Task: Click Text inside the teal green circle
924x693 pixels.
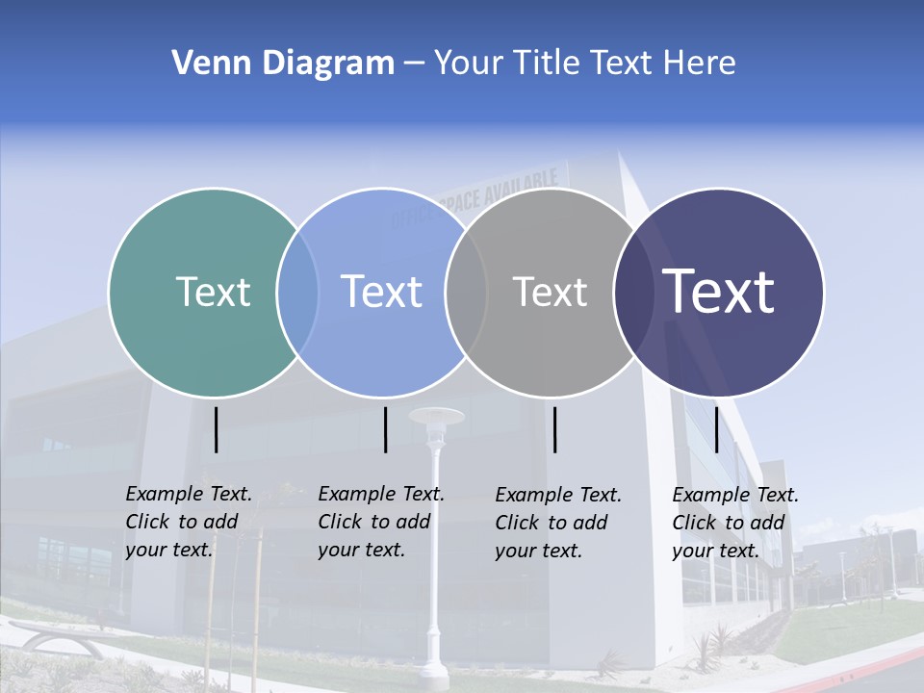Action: pos(213,292)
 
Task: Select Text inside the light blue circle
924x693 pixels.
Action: pos(382,292)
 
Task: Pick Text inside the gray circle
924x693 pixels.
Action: pos(550,292)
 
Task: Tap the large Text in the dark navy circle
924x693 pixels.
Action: pos(719,291)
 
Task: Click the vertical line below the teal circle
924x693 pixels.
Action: pos(217,429)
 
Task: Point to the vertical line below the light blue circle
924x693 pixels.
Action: pos(385,429)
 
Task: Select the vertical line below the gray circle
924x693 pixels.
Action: pos(555,429)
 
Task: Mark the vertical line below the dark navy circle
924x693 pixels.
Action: pos(717,429)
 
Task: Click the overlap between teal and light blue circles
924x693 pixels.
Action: pos(297,293)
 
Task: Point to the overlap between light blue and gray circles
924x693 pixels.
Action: pos(466,293)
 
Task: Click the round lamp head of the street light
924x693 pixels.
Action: pos(436,417)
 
